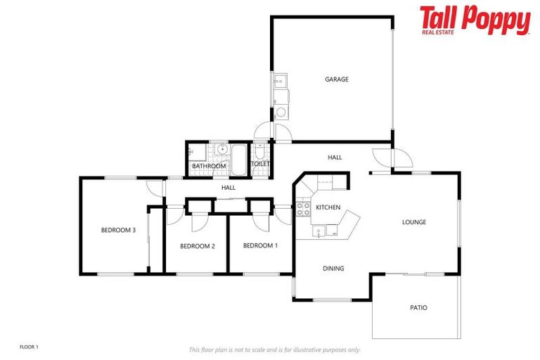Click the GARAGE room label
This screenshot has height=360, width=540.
click(336, 79)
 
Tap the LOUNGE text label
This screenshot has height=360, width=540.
click(414, 222)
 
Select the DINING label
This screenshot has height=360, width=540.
click(333, 269)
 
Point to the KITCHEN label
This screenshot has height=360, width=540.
click(328, 207)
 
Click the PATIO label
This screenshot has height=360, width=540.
click(418, 308)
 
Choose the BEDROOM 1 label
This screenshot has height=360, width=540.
click(260, 245)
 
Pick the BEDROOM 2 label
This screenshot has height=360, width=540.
click(197, 246)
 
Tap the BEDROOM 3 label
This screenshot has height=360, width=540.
click(118, 230)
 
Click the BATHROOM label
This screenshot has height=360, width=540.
click(209, 167)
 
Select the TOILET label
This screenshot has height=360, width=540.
click(260, 164)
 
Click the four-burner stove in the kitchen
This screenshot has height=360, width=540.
click(303, 209)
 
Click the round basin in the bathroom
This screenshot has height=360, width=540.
click(221, 149)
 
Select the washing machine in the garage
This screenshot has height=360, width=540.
click(280, 112)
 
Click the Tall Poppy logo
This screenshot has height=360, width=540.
click(475, 20)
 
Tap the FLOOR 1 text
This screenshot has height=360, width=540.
click(29, 347)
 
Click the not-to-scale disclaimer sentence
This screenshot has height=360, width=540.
click(274, 349)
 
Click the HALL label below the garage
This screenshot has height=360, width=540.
click(335, 157)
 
